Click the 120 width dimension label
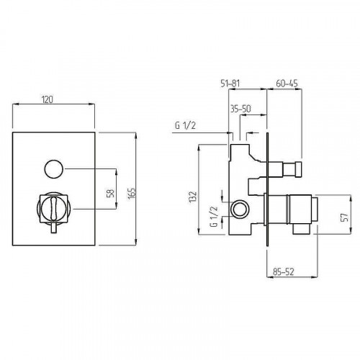[x=48, y=99]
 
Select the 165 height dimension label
[x=132, y=193]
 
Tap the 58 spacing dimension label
[x=110, y=194]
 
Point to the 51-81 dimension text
[x=230, y=84]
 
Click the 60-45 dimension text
[x=287, y=84]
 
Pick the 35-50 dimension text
[x=240, y=109]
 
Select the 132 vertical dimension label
[x=193, y=197]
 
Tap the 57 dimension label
[x=344, y=217]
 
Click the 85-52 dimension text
[x=283, y=271]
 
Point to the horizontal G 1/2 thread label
[x=185, y=125]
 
